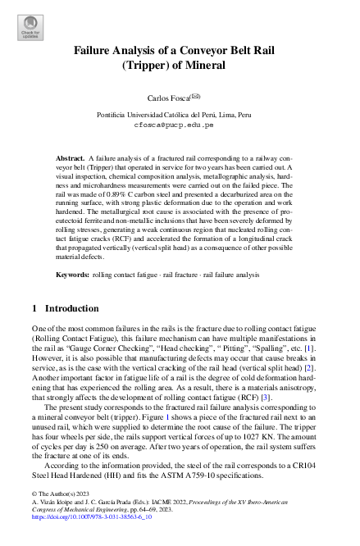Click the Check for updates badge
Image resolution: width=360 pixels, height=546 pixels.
pyautogui.click(x=30, y=28)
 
